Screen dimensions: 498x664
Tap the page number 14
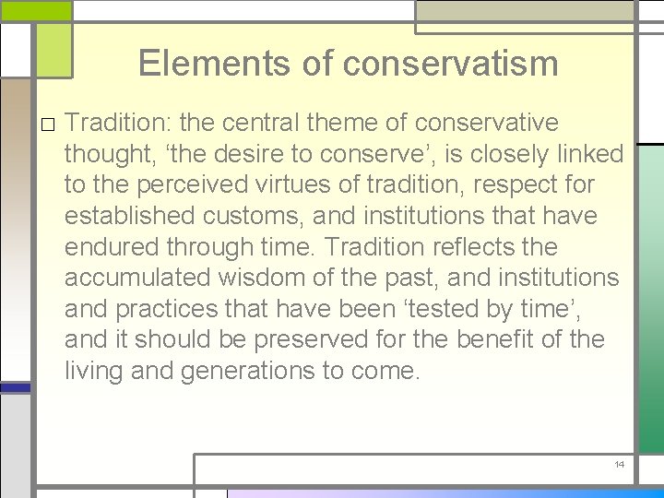tap(620, 464)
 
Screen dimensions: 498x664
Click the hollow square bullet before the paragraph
tap(46, 124)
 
